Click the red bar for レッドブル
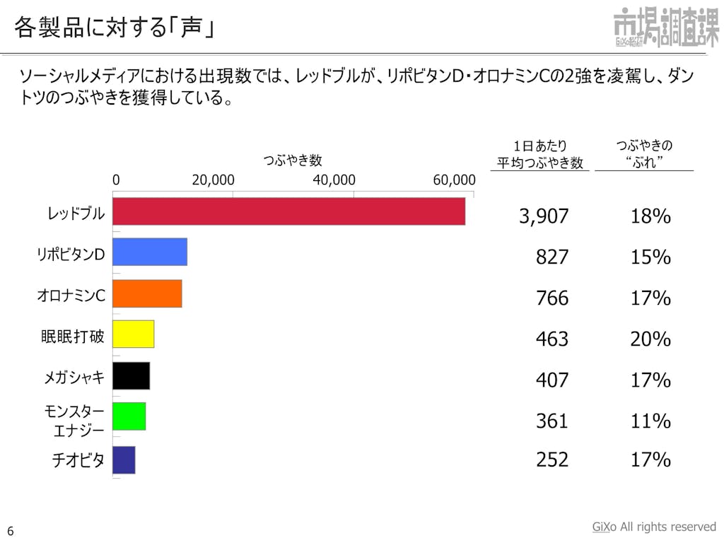coord(288,211)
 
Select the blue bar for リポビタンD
coord(150,252)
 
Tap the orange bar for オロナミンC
coord(147,293)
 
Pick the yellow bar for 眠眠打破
coord(134,334)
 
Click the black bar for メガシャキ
coord(132,375)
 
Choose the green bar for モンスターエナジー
coord(129,416)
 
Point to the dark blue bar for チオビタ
coord(124,460)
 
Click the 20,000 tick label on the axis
coord(213,180)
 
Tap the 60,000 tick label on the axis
coord(454,180)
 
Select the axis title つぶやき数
coord(293,160)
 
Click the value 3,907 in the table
coord(544,217)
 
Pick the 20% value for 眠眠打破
coord(650,339)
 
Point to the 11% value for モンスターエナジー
coord(650,421)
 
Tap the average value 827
coord(551,257)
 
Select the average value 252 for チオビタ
coord(551,460)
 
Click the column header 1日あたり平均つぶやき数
coord(539,155)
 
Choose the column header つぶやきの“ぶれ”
coord(643,154)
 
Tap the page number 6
coord(11,531)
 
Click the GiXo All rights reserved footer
coord(653,527)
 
